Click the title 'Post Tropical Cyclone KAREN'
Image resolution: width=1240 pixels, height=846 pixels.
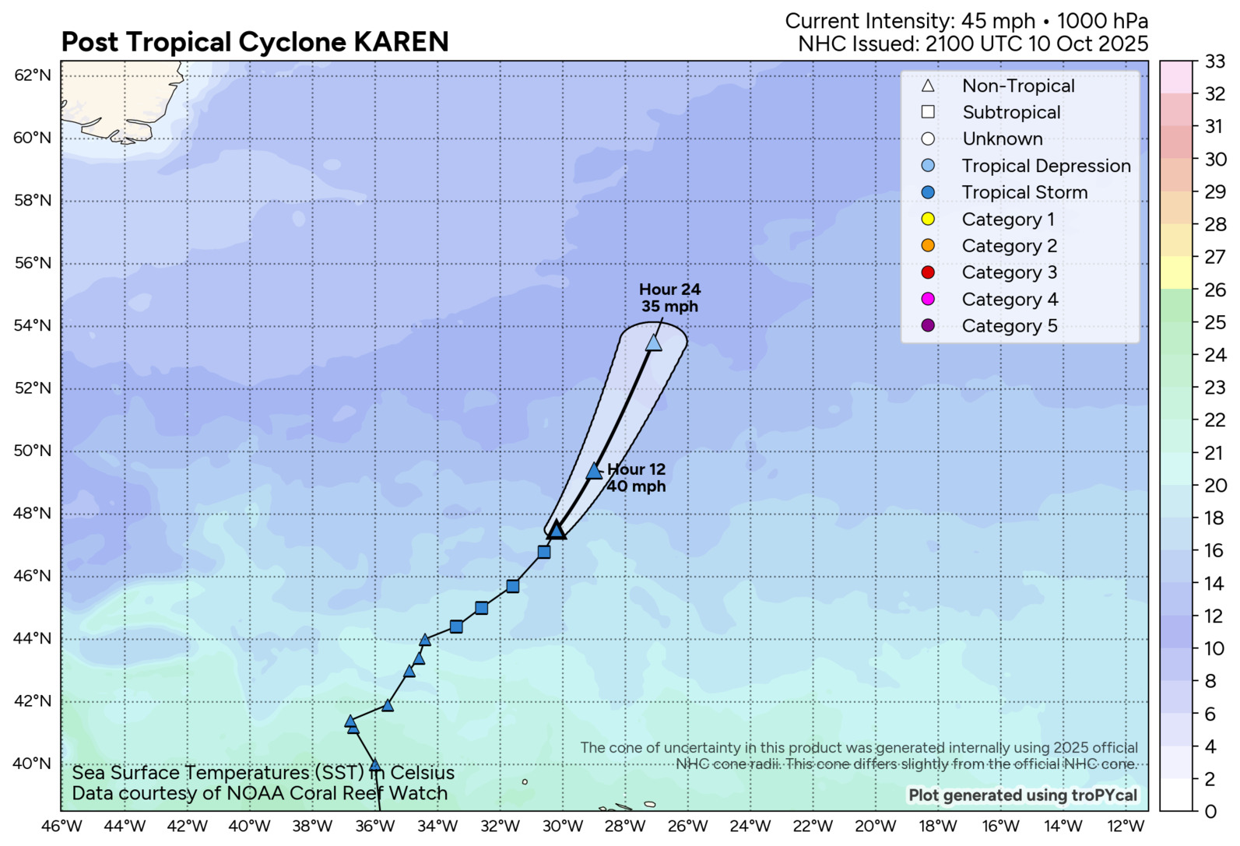pyautogui.click(x=255, y=42)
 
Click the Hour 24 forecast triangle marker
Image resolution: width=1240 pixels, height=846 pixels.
pyautogui.click(x=654, y=342)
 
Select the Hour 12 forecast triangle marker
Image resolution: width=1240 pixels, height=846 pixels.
pyautogui.click(x=594, y=471)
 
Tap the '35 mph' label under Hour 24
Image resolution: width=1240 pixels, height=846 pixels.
pyautogui.click(x=669, y=307)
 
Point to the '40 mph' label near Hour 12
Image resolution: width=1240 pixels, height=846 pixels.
pyautogui.click(x=636, y=486)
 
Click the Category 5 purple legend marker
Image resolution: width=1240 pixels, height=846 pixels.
pyautogui.click(x=928, y=325)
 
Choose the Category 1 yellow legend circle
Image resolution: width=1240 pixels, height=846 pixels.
pyautogui.click(x=928, y=219)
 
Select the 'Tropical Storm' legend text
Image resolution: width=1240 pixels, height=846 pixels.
pyautogui.click(x=1024, y=192)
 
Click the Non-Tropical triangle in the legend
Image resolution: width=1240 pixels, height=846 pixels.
pyautogui.click(x=928, y=86)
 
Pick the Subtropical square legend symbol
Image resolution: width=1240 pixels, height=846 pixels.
pyautogui.click(x=928, y=112)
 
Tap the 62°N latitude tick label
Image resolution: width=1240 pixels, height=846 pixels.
pyautogui.click(x=33, y=75)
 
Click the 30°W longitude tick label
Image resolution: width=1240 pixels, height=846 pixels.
pyautogui.click(x=563, y=827)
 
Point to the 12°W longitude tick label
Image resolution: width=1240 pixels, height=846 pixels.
pyautogui.click(x=1126, y=827)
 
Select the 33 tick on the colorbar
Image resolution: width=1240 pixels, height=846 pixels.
pyautogui.click(x=1215, y=61)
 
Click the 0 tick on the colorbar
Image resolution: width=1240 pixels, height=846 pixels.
pyautogui.click(x=1210, y=812)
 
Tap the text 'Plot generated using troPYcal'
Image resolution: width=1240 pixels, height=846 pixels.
pyautogui.click(x=1023, y=795)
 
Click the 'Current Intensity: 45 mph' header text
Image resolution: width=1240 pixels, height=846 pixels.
pyautogui.click(x=909, y=21)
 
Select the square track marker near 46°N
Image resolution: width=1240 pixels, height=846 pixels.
pyautogui.click(x=512, y=586)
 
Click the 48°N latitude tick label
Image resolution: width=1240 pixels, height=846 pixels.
pyautogui.click(x=33, y=514)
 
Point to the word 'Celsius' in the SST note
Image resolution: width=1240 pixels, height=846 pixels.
pyautogui.click(x=422, y=773)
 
